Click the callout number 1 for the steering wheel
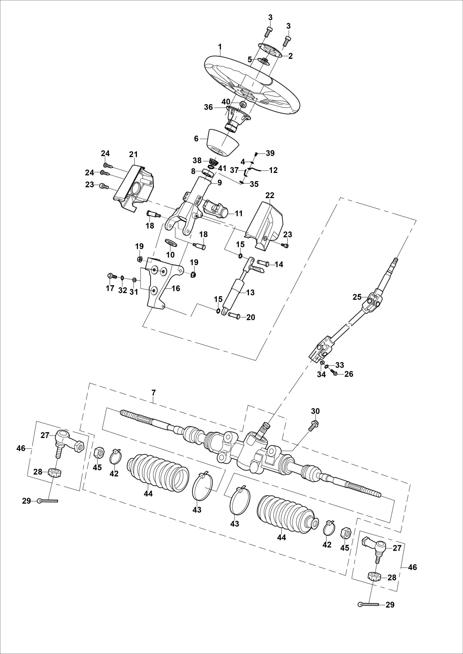point(220,47)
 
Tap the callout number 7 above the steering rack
point(153,392)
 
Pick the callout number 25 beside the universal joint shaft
point(357,297)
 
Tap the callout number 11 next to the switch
point(239,213)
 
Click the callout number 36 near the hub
point(208,107)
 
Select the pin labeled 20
point(232,316)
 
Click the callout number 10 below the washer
point(170,255)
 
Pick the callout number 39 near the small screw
point(270,153)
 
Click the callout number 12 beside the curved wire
point(273,170)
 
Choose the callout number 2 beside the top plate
point(290,56)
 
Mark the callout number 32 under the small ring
point(122,290)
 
